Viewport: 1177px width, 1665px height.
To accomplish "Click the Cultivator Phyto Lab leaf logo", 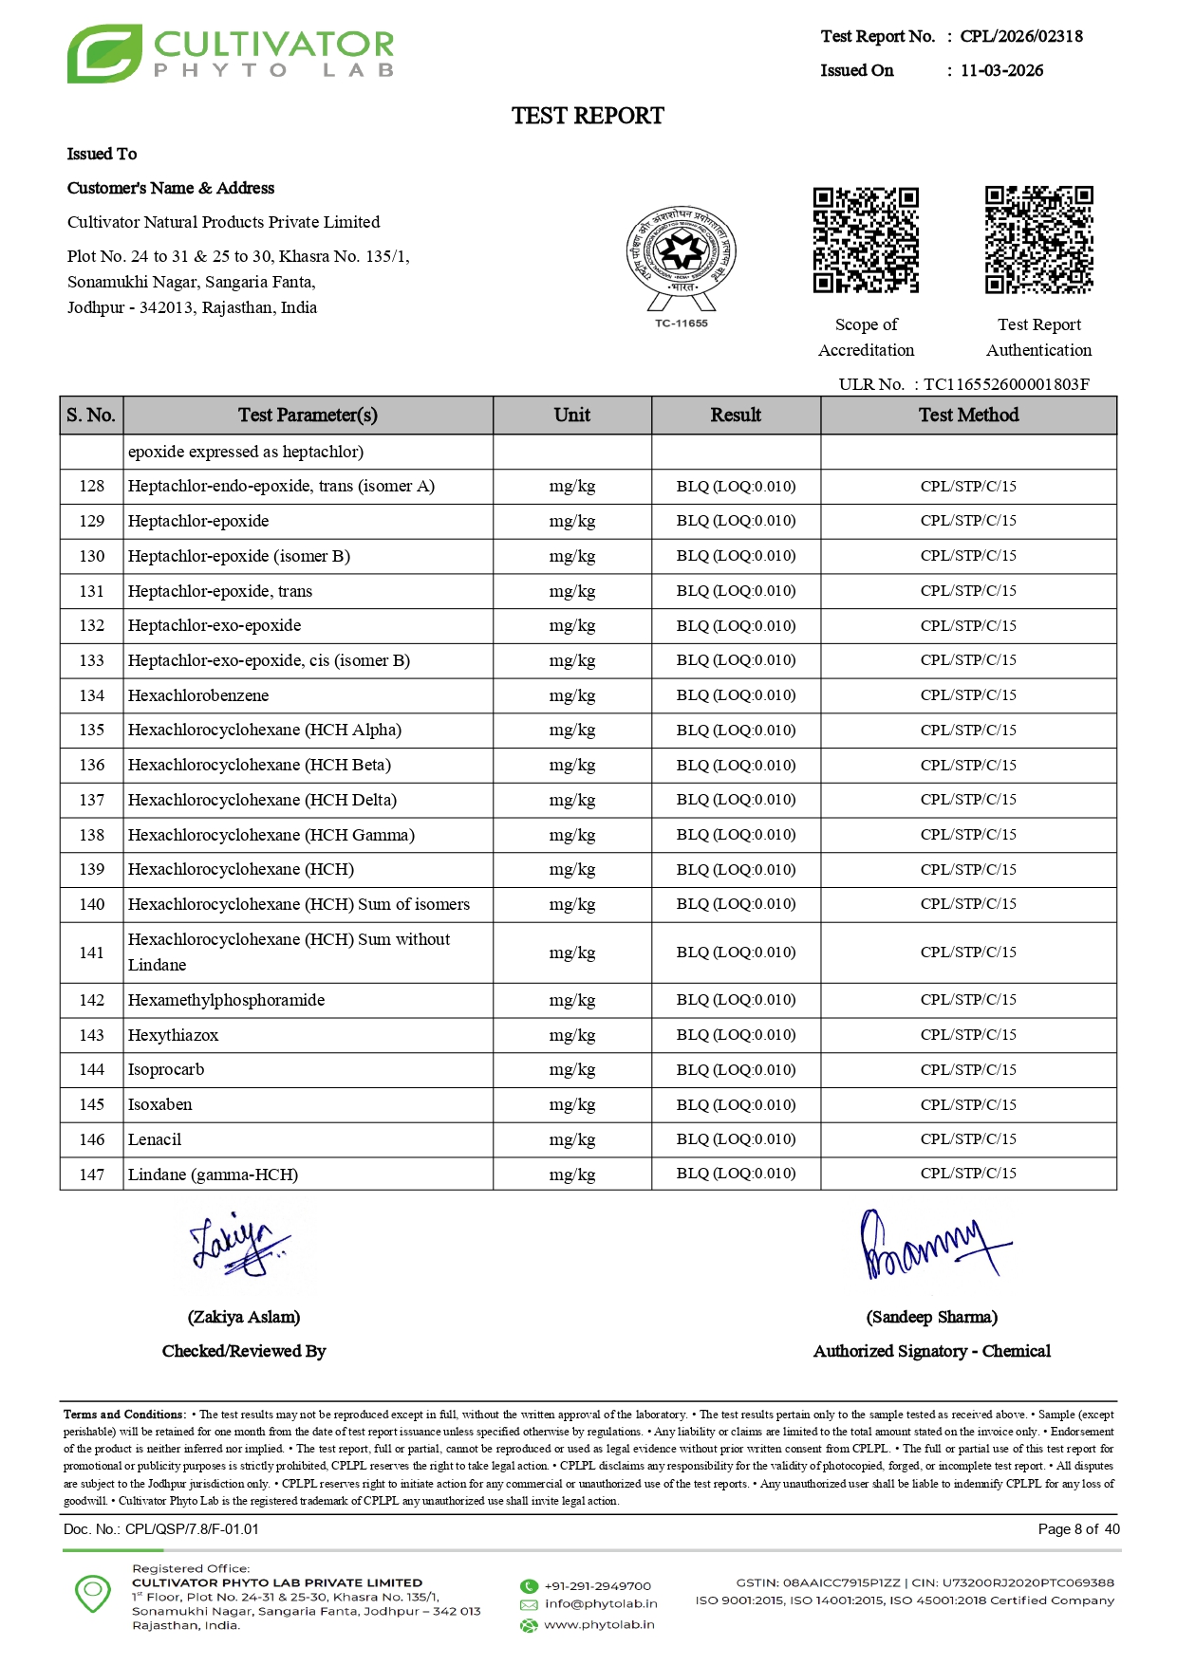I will (103, 54).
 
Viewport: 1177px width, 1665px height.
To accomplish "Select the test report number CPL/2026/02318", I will (1020, 36).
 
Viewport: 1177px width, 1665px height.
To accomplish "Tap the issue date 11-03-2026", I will (1001, 70).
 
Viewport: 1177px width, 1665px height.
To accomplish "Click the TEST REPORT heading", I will (588, 116).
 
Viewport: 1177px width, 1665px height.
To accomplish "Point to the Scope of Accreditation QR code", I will (866, 240).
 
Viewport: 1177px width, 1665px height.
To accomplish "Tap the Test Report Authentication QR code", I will (1038, 240).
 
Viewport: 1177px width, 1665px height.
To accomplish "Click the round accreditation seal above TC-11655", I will (681, 252).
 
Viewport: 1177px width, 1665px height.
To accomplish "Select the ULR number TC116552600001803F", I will (1006, 384).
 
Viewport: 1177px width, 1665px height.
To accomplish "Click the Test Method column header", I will (968, 416).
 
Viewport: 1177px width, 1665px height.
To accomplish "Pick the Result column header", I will (736, 416).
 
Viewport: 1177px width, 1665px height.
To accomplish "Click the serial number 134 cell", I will (92, 695).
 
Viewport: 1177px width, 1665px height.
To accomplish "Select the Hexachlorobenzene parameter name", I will (198, 695).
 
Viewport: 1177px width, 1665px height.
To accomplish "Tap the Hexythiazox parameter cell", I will (174, 1035).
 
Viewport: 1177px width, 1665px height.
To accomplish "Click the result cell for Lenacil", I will (736, 1139).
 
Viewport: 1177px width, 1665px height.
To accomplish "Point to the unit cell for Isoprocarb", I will (571, 1070).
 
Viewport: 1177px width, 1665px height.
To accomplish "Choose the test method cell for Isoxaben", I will (968, 1104).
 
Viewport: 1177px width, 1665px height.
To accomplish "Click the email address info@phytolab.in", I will (601, 1603).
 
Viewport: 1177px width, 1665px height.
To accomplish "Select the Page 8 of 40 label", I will (1078, 1528).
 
